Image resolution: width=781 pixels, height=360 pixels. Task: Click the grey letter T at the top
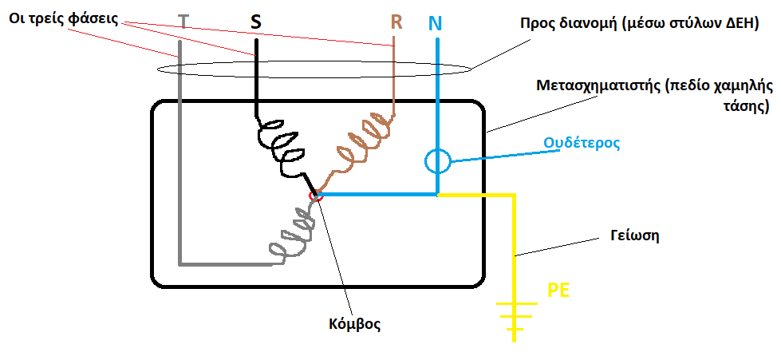[183, 22]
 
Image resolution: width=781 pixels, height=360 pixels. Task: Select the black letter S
[255, 22]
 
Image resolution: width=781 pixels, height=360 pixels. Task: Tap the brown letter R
[396, 22]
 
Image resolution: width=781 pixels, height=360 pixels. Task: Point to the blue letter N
[435, 23]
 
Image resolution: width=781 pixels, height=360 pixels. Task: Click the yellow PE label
[558, 290]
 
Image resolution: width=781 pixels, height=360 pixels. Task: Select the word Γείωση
[634, 235]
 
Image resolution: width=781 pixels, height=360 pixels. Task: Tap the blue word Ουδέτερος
[582, 143]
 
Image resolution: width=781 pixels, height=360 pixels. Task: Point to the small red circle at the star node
[316, 196]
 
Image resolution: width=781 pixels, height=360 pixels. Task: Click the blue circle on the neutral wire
[438, 161]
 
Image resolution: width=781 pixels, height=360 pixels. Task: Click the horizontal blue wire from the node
[377, 195]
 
